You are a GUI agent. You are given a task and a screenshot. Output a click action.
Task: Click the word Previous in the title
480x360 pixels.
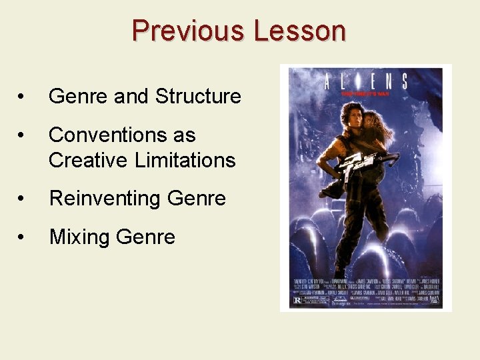coord(189,31)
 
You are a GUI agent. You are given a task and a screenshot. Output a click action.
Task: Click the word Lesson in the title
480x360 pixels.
coord(299,31)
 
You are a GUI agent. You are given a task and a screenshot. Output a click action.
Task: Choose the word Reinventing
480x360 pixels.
coord(105,199)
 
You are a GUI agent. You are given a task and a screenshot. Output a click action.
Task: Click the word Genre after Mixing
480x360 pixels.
coord(147,237)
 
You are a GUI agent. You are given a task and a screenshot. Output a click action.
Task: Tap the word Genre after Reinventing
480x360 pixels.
coord(197,199)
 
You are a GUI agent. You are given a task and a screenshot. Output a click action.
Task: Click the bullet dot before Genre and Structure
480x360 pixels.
coord(23,97)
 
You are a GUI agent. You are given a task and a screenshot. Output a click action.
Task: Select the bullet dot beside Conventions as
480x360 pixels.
coord(23,136)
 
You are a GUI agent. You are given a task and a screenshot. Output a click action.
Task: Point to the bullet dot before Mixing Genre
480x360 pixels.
coord(23,237)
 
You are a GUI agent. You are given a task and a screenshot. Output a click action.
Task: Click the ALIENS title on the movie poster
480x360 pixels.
coord(366,82)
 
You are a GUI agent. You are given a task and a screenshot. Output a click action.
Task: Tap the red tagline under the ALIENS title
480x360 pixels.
coord(366,95)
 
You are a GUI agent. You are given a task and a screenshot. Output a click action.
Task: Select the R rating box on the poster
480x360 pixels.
coord(298,300)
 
